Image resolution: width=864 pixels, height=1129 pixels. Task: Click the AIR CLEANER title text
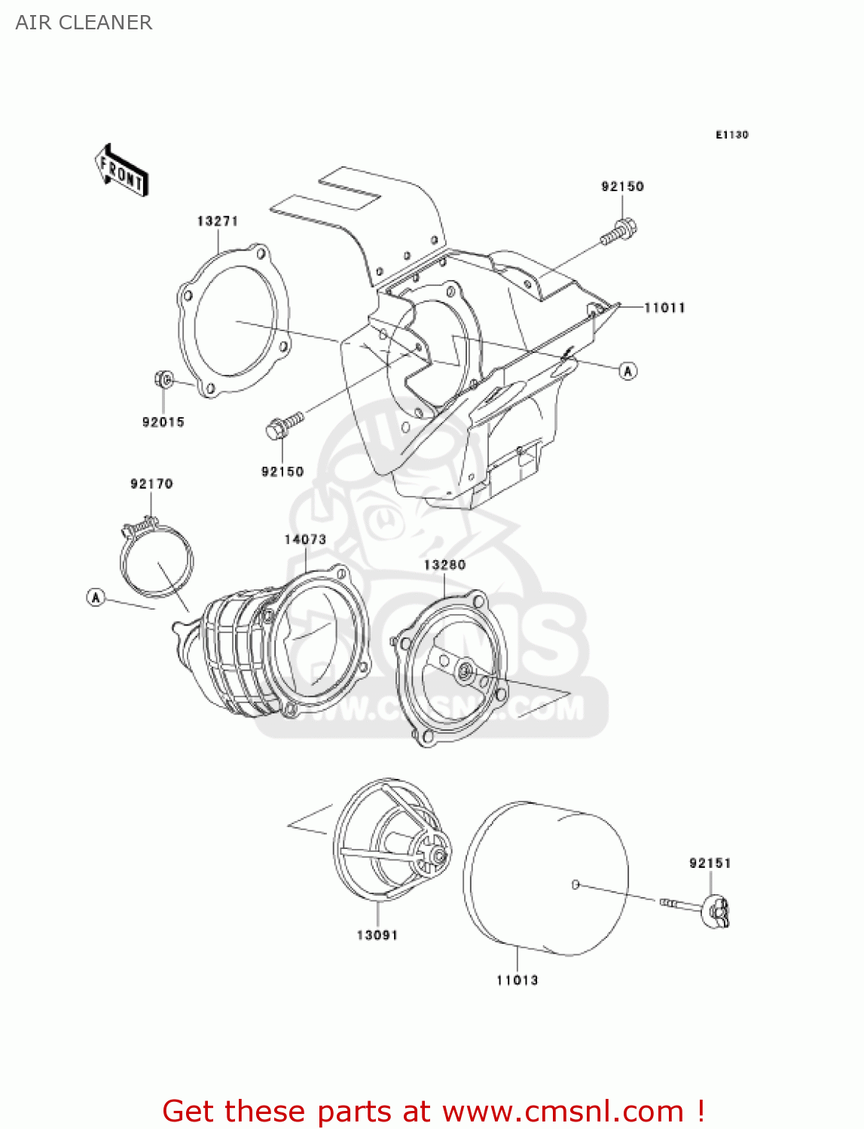point(84,23)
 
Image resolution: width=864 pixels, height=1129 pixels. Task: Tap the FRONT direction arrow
point(121,172)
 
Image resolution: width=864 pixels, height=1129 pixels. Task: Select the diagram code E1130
point(731,135)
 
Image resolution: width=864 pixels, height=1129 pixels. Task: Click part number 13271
point(218,221)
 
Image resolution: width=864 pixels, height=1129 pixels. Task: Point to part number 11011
point(664,307)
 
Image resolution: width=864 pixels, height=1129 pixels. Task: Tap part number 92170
point(151,483)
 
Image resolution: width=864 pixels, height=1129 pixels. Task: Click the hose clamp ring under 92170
point(157,560)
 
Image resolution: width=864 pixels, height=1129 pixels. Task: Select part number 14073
point(305,539)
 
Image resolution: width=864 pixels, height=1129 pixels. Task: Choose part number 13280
point(444,564)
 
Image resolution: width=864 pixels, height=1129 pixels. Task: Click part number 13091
point(377,935)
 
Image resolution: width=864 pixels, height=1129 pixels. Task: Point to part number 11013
point(517,980)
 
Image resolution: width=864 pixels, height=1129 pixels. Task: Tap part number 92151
point(710,863)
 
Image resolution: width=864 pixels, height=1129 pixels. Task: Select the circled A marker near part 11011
point(628,370)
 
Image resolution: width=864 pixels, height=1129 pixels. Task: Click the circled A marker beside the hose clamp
point(96,598)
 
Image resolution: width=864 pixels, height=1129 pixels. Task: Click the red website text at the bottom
point(433,1111)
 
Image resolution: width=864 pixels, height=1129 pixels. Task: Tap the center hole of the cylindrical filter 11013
point(575,884)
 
